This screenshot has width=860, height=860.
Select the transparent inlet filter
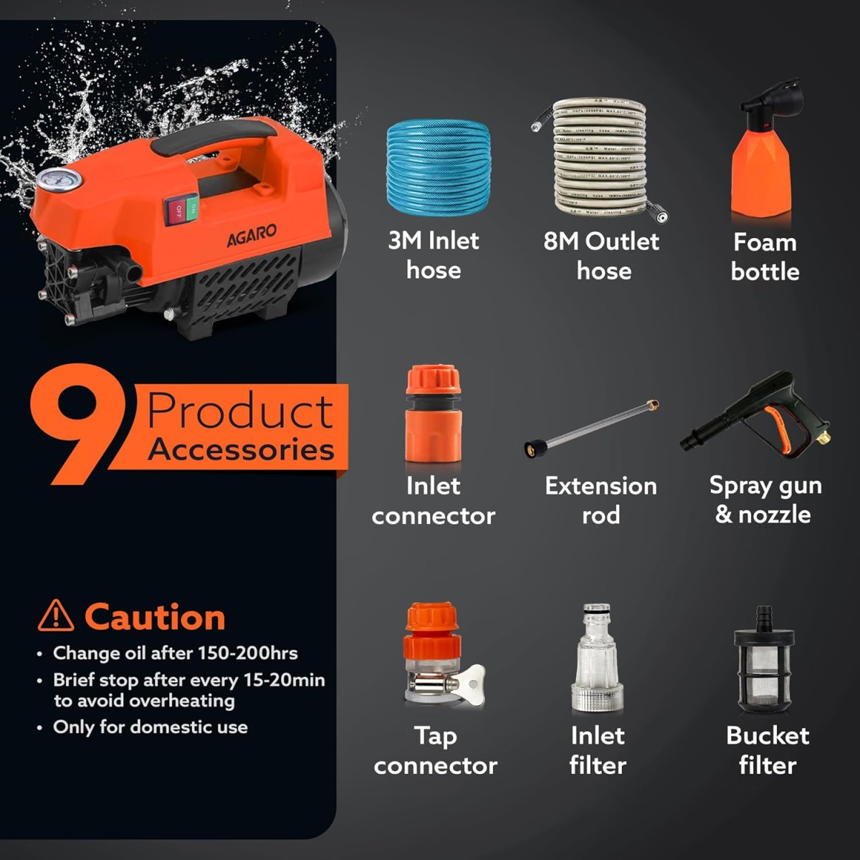[x=598, y=659]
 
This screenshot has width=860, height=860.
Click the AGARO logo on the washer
[x=252, y=235]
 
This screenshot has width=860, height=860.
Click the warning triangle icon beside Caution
[x=56, y=616]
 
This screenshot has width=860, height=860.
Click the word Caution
[x=155, y=617]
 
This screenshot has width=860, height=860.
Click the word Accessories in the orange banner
[x=241, y=449]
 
